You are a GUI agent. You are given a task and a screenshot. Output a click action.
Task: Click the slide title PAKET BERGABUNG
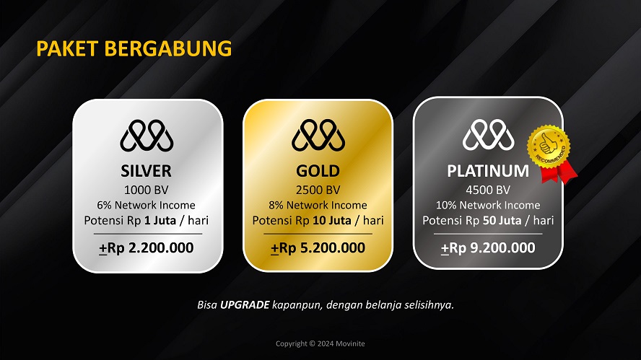(x=134, y=48)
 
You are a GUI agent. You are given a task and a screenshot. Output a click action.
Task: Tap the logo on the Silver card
(x=147, y=136)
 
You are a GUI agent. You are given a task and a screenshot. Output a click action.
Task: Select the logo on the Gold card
(x=318, y=136)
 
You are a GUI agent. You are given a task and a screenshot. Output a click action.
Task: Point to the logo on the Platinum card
(x=488, y=136)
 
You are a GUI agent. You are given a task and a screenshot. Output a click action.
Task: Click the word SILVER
(x=147, y=172)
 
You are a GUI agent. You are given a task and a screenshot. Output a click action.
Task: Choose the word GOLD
(x=318, y=172)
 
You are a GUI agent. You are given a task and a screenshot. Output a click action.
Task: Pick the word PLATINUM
(x=488, y=172)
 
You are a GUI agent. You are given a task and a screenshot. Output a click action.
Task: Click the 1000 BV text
(x=147, y=190)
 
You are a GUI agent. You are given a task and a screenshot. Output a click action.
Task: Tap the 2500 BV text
(x=318, y=190)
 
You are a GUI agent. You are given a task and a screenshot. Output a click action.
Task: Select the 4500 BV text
(x=488, y=190)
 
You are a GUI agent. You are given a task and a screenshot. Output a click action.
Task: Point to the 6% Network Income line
(x=147, y=206)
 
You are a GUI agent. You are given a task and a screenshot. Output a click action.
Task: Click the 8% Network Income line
(x=318, y=206)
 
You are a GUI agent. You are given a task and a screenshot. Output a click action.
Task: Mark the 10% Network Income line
(x=488, y=206)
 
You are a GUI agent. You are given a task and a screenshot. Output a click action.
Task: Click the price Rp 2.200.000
(x=147, y=248)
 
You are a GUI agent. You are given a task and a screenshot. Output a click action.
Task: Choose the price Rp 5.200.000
(x=318, y=248)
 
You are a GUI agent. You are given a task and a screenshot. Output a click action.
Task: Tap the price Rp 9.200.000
(x=488, y=248)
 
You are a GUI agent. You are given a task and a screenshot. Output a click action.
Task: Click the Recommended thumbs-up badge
(x=550, y=149)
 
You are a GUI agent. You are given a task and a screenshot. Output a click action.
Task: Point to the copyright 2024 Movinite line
(x=320, y=343)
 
